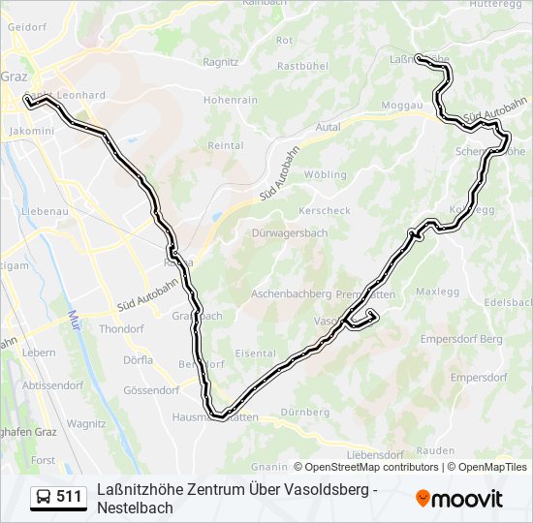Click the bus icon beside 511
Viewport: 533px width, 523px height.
tap(44, 497)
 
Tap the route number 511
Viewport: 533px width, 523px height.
tap(70, 497)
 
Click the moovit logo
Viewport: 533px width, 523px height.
tap(459, 498)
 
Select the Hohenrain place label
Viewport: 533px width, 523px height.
tap(230, 100)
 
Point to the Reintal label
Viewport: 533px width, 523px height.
tap(226, 145)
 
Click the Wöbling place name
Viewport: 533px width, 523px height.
tap(326, 175)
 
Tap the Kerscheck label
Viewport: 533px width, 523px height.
tap(325, 210)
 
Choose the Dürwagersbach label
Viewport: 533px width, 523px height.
tap(290, 233)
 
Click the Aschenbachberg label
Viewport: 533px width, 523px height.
tap(291, 293)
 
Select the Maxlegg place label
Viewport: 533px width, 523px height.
tap(437, 291)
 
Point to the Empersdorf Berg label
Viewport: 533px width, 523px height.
tap(461, 339)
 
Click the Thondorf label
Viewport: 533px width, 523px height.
tap(121, 328)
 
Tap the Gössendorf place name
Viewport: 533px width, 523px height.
tap(151, 390)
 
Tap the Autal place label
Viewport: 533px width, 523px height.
tap(329, 127)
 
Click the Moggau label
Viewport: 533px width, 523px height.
tap(402, 105)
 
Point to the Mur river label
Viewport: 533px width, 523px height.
tap(74, 317)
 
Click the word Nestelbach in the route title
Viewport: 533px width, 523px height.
tap(135, 508)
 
